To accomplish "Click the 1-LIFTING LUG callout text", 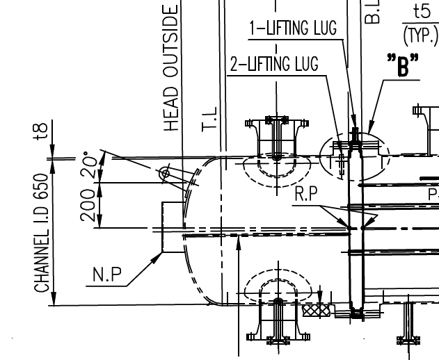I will coord(293,28).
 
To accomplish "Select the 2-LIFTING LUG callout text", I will coord(273,65).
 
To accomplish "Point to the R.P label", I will coord(306,195).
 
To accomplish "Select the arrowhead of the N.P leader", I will coord(159,255).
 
